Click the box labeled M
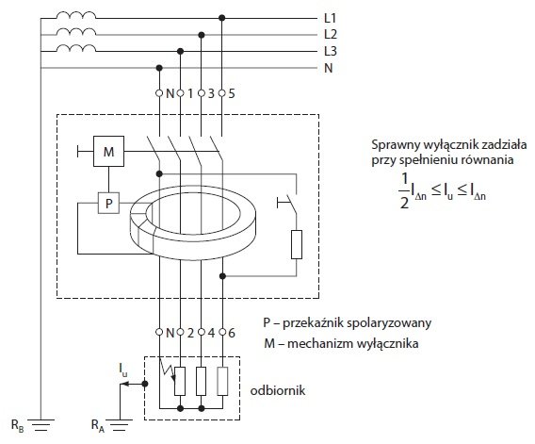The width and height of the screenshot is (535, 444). (109, 152)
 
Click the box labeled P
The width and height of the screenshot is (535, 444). (109, 204)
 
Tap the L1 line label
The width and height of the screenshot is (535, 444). (331, 18)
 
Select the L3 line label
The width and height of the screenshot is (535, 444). (331, 51)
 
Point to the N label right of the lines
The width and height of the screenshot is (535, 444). (328, 68)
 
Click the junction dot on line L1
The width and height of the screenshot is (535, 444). (222, 18)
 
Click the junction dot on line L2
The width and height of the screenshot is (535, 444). (202, 35)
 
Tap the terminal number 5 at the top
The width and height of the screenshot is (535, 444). (232, 93)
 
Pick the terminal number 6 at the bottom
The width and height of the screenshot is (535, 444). (232, 333)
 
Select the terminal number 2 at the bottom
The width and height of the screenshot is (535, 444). (190, 333)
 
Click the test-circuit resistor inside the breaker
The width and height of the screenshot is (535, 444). (297, 244)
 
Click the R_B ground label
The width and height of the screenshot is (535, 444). (18, 425)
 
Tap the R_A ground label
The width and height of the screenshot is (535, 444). (98, 425)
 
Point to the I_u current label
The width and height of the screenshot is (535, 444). (123, 370)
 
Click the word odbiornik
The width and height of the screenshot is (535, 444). (278, 390)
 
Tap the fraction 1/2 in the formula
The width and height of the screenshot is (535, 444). (404, 191)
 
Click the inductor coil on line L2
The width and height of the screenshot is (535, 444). (76, 32)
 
